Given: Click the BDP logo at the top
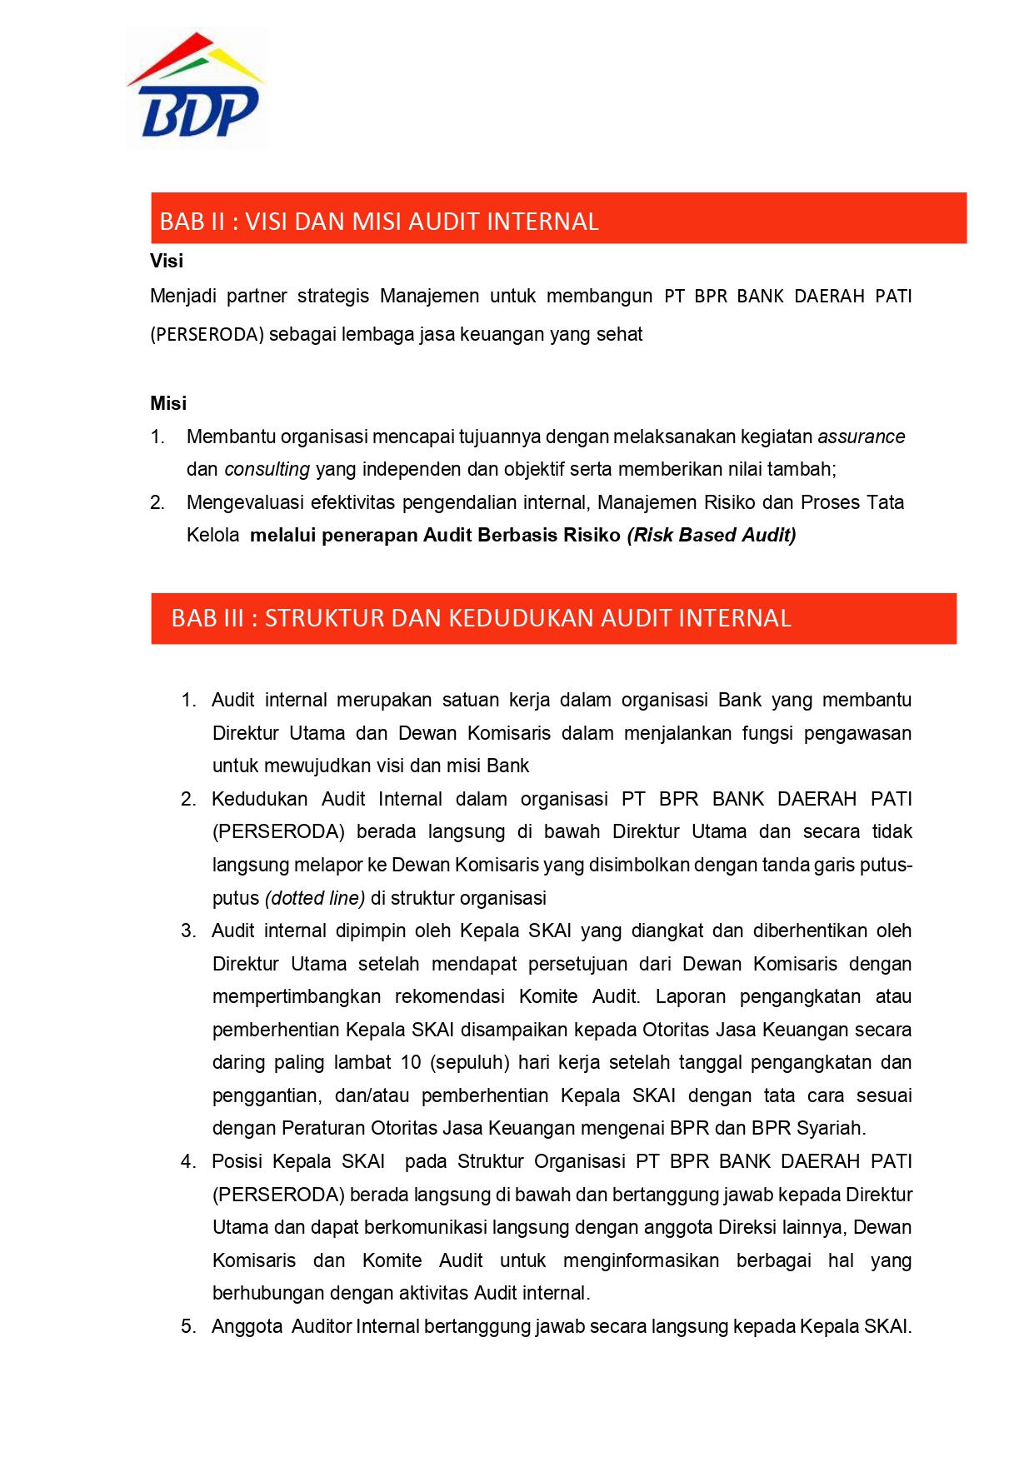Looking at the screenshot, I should [x=197, y=87].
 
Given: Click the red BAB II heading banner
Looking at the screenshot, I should [x=558, y=218].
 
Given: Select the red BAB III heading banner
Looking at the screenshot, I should [x=553, y=618].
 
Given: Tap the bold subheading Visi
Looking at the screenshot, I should [x=167, y=261].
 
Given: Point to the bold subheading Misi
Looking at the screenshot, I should [x=168, y=403].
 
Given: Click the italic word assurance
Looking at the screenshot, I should [x=861, y=437].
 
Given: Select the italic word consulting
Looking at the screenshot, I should [x=267, y=469].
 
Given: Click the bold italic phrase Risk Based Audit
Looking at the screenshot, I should [x=712, y=535].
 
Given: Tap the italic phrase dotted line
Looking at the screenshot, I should [x=315, y=898].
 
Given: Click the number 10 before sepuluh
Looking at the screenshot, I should [x=411, y=1062].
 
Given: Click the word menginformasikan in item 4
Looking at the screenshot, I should [x=641, y=1260].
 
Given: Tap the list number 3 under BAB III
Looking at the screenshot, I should [x=187, y=931].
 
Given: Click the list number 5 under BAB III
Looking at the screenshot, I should [x=187, y=1326].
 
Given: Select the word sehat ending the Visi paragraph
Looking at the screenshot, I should [x=620, y=334].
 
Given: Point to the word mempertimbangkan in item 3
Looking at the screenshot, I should [x=297, y=996].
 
